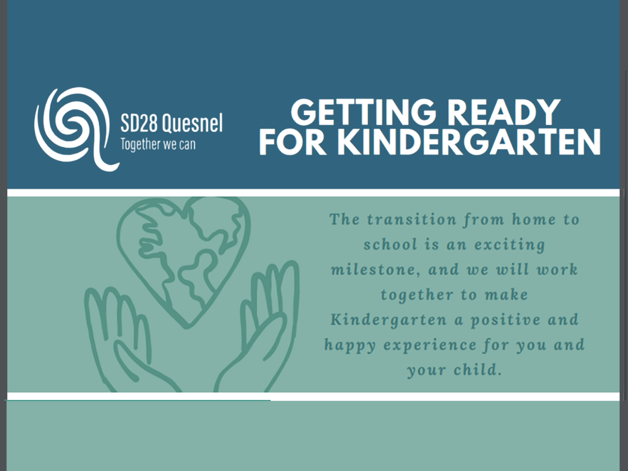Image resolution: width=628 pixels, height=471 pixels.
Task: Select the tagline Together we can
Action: point(158,144)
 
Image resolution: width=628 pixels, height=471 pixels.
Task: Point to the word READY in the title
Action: point(503,113)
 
